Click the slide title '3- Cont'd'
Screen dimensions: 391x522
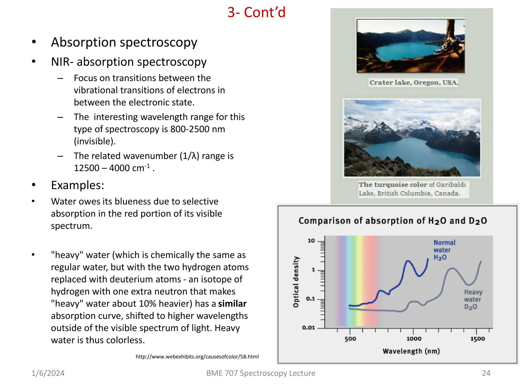pyautogui.click(x=256, y=12)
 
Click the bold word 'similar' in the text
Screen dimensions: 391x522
pyautogui.click(x=232, y=304)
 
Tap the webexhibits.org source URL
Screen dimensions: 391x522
pyautogui.click(x=197, y=357)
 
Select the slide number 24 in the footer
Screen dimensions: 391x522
pyautogui.click(x=486, y=373)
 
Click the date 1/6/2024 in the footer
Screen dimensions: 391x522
pyautogui.click(x=48, y=373)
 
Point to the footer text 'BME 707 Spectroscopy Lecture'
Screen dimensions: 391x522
pyautogui.click(x=261, y=373)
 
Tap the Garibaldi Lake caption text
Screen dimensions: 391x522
pyautogui.click(x=412, y=189)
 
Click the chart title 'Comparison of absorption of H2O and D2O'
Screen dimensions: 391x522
pyautogui.click(x=393, y=221)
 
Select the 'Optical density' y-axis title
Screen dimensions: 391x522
pyautogui.click(x=296, y=282)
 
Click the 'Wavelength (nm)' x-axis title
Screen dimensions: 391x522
pyautogui.click(x=411, y=351)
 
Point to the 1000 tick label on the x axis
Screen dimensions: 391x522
pyautogui.click(x=414, y=339)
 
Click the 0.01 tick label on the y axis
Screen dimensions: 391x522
pyautogui.click(x=308, y=328)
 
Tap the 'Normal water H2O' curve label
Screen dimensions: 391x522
pyautogui.click(x=444, y=250)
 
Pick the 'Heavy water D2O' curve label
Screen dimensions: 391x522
pyautogui.click(x=473, y=299)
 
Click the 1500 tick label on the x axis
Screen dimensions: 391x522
pyautogui.click(x=477, y=339)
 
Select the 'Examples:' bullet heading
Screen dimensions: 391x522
pyautogui.click(x=77, y=185)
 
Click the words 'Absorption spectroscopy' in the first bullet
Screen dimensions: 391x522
pyautogui.click(x=124, y=42)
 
